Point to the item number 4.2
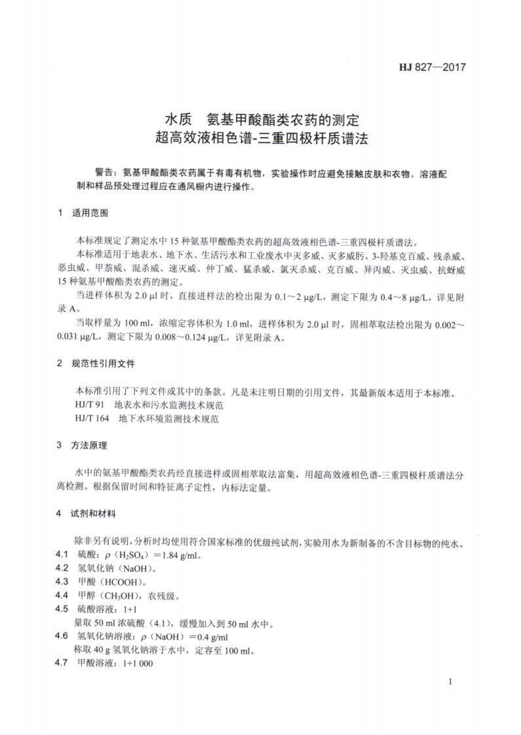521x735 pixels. pos(62,569)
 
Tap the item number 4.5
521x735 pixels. pos(62,609)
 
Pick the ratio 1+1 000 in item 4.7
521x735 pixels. pos(134,664)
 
